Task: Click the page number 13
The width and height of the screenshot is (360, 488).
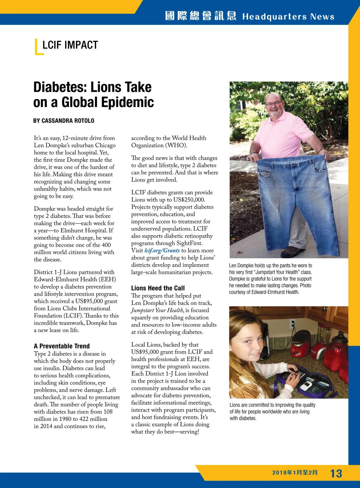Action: [x=336, y=473]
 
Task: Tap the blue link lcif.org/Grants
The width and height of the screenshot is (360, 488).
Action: [x=162, y=250]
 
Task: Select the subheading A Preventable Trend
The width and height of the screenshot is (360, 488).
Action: [x=62, y=346]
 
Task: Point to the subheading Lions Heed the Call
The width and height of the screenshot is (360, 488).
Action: [x=158, y=288]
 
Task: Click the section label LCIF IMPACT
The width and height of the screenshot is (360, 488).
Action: [x=70, y=45]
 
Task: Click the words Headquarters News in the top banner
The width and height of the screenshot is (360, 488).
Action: [x=288, y=16]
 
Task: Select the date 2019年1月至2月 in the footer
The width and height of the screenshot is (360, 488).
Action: [x=295, y=472]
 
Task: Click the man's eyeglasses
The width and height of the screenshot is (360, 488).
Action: [x=274, y=104]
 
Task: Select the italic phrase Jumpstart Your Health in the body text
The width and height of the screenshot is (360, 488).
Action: [x=157, y=310]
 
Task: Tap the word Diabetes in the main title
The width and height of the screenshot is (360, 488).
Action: [x=60, y=87]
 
